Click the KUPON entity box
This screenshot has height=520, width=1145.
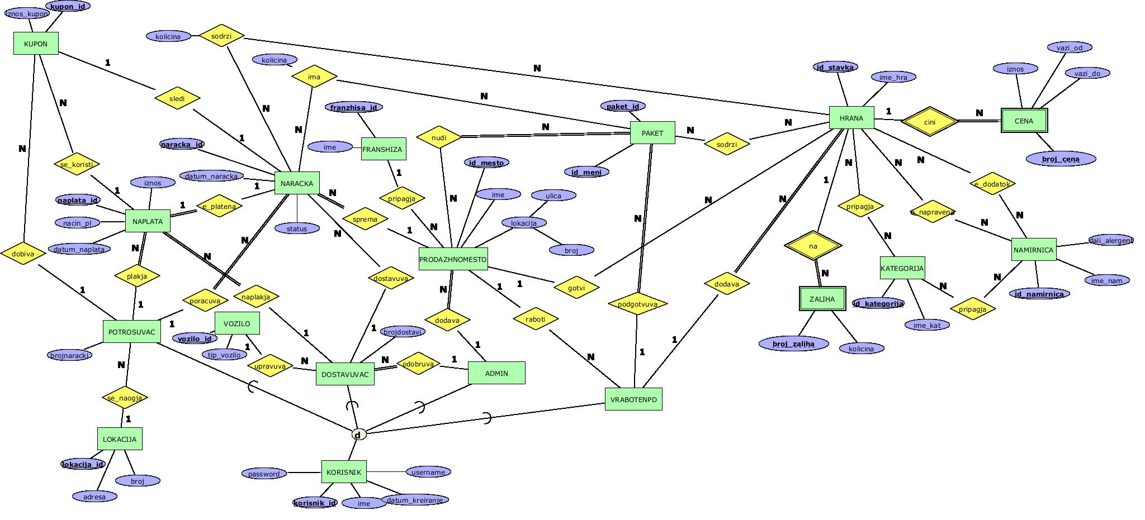tap(36, 44)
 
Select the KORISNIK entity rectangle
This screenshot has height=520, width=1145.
tap(344, 472)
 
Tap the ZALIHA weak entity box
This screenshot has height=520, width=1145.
tap(822, 299)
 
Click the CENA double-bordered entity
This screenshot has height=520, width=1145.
tap(1024, 121)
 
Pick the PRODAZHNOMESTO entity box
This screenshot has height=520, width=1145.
tap(453, 259)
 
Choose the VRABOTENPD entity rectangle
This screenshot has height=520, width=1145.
tap(633, 399)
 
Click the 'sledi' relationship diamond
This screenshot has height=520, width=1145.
tap(177, 98)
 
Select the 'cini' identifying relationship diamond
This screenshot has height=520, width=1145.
tap(930, 122)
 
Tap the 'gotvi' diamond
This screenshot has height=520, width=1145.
tap(576, 288)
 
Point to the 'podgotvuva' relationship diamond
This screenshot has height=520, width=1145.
tap(637, 304)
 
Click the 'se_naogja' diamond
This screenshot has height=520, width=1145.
tap(125, 398)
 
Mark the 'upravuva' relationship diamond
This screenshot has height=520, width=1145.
tap(270, 366)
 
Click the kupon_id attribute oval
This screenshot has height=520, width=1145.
tap(68, 6)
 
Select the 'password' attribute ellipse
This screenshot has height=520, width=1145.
tap(264, 474)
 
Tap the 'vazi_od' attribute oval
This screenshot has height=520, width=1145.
tap(1070, 47)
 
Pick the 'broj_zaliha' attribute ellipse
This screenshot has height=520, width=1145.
tap(793, 344)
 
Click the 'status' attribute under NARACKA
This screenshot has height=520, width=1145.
tap(297, 228)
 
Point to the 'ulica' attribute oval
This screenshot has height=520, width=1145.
tap(553, 195)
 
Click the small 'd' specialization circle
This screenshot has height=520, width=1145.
tap(358, 434)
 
